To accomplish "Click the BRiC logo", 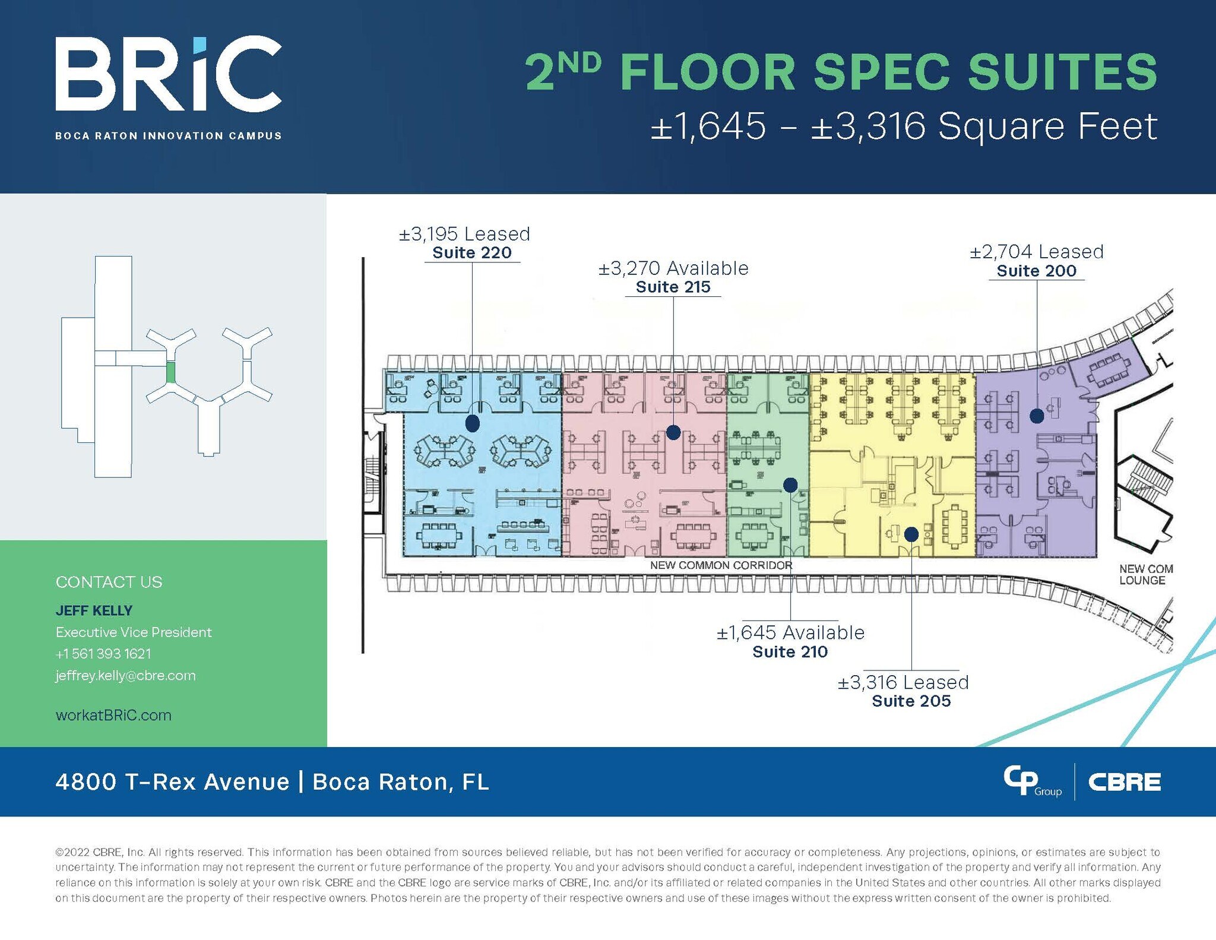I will pos(168,74).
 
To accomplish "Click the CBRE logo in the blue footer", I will pos(1124,782).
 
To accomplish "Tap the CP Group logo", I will pos(1031,781).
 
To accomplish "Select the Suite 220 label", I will pos(472,253).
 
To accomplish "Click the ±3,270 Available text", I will pos(673,268).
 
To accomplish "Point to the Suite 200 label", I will pos(1036,271).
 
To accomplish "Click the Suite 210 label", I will pos(790,652).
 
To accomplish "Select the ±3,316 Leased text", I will pos(902,682).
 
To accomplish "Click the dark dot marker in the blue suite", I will pos(473,423).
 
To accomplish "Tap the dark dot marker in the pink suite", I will pos(673,432).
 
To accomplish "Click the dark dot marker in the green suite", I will pos(790,485).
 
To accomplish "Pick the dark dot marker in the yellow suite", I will pos(911,534).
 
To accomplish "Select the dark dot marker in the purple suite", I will pos(1037,416).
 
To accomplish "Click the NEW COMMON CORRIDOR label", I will pos(721,565).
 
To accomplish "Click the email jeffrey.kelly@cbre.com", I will pos(125,675).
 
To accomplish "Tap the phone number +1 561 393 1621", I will pos(103,654).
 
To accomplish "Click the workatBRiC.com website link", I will pos(113,715).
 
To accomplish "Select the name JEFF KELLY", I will pos(94,610).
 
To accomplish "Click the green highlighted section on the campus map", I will pos(170,372).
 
